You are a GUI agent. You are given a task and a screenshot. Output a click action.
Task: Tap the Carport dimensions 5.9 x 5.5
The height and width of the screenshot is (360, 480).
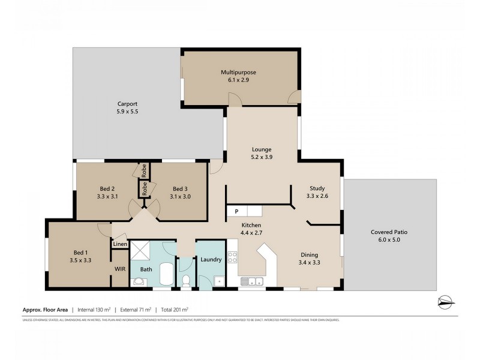127,112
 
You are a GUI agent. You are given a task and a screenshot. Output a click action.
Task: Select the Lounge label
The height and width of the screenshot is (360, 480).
262,149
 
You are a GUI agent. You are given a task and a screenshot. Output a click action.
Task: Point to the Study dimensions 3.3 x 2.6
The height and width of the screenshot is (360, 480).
317,196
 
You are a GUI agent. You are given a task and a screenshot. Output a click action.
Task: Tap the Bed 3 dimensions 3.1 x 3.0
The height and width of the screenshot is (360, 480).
181,196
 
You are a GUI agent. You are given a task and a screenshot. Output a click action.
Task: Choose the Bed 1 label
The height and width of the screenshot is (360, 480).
79,252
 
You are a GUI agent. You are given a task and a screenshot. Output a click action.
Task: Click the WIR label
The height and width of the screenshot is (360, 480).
119,269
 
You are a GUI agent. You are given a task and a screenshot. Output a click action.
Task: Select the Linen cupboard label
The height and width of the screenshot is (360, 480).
120,244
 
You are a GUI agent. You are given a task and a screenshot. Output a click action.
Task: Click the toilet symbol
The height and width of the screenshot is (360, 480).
186,280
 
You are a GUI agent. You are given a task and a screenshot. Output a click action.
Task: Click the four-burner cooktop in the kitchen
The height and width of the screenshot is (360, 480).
233,260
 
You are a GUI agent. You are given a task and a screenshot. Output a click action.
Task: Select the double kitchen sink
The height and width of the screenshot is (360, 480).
252,281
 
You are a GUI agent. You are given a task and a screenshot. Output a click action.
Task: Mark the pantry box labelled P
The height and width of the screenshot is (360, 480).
236,211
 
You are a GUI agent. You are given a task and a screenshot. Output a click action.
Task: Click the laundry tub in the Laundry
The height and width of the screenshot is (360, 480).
220,280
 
